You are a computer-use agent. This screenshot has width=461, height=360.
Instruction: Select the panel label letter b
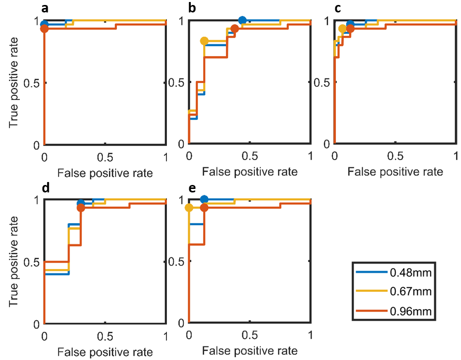[x=191, y=8]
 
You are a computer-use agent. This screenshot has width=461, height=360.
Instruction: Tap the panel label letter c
[x=337, y=8]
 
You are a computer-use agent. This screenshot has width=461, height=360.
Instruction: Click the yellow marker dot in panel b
[x=204, y=41]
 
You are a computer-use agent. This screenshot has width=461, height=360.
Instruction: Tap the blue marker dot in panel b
[x=242, y=20]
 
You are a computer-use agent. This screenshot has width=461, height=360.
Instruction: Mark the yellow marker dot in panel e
[x=189, y=208]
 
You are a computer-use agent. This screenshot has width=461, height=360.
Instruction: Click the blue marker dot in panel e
[x=204, y=199]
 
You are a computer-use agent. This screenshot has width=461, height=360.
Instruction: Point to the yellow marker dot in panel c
[x=342, y=29]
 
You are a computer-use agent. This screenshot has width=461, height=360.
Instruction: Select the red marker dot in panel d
[x=81, y=208]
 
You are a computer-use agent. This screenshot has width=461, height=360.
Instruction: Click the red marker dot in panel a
[x=44, y=29]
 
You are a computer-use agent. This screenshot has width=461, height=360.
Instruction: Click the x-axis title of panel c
[x=395, y=172]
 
